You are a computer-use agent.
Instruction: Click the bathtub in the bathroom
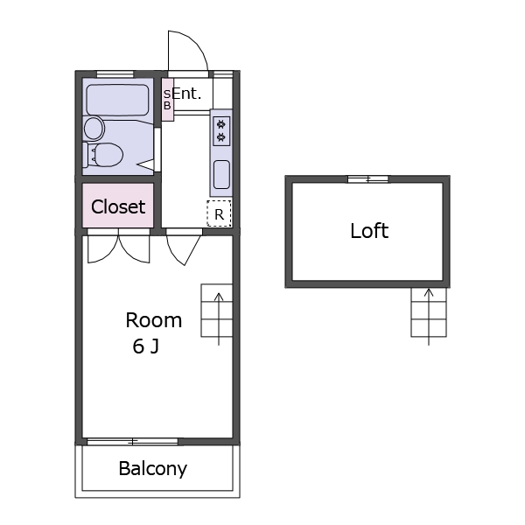(x=117, y=100)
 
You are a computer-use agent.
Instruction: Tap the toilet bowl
(x=103, y=155)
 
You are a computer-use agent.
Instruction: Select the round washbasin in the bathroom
(x=94, y=129)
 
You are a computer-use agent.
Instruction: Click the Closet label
(x=118, y=206)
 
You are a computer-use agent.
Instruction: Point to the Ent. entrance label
(x=186, y=94)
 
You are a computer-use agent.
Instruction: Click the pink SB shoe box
(x=167, y=100)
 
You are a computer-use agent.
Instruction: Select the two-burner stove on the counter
(x=221, y=131)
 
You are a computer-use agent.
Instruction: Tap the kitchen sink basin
(x=221, y=174)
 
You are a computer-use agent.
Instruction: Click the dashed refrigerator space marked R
(x=219, y=213)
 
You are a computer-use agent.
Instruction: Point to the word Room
(x=154, y=320)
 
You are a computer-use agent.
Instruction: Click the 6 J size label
(x=145, y=346)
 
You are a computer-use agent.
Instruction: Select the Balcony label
(x=152, y=469)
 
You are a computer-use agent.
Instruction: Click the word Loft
(x=369, y=231)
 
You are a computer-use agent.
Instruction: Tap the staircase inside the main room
(x=217, y=311)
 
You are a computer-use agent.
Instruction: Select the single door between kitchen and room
(x=184, y=248)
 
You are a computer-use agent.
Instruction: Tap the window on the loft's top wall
(x=368, y=179)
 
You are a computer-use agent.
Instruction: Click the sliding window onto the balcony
(x=132, y=442)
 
